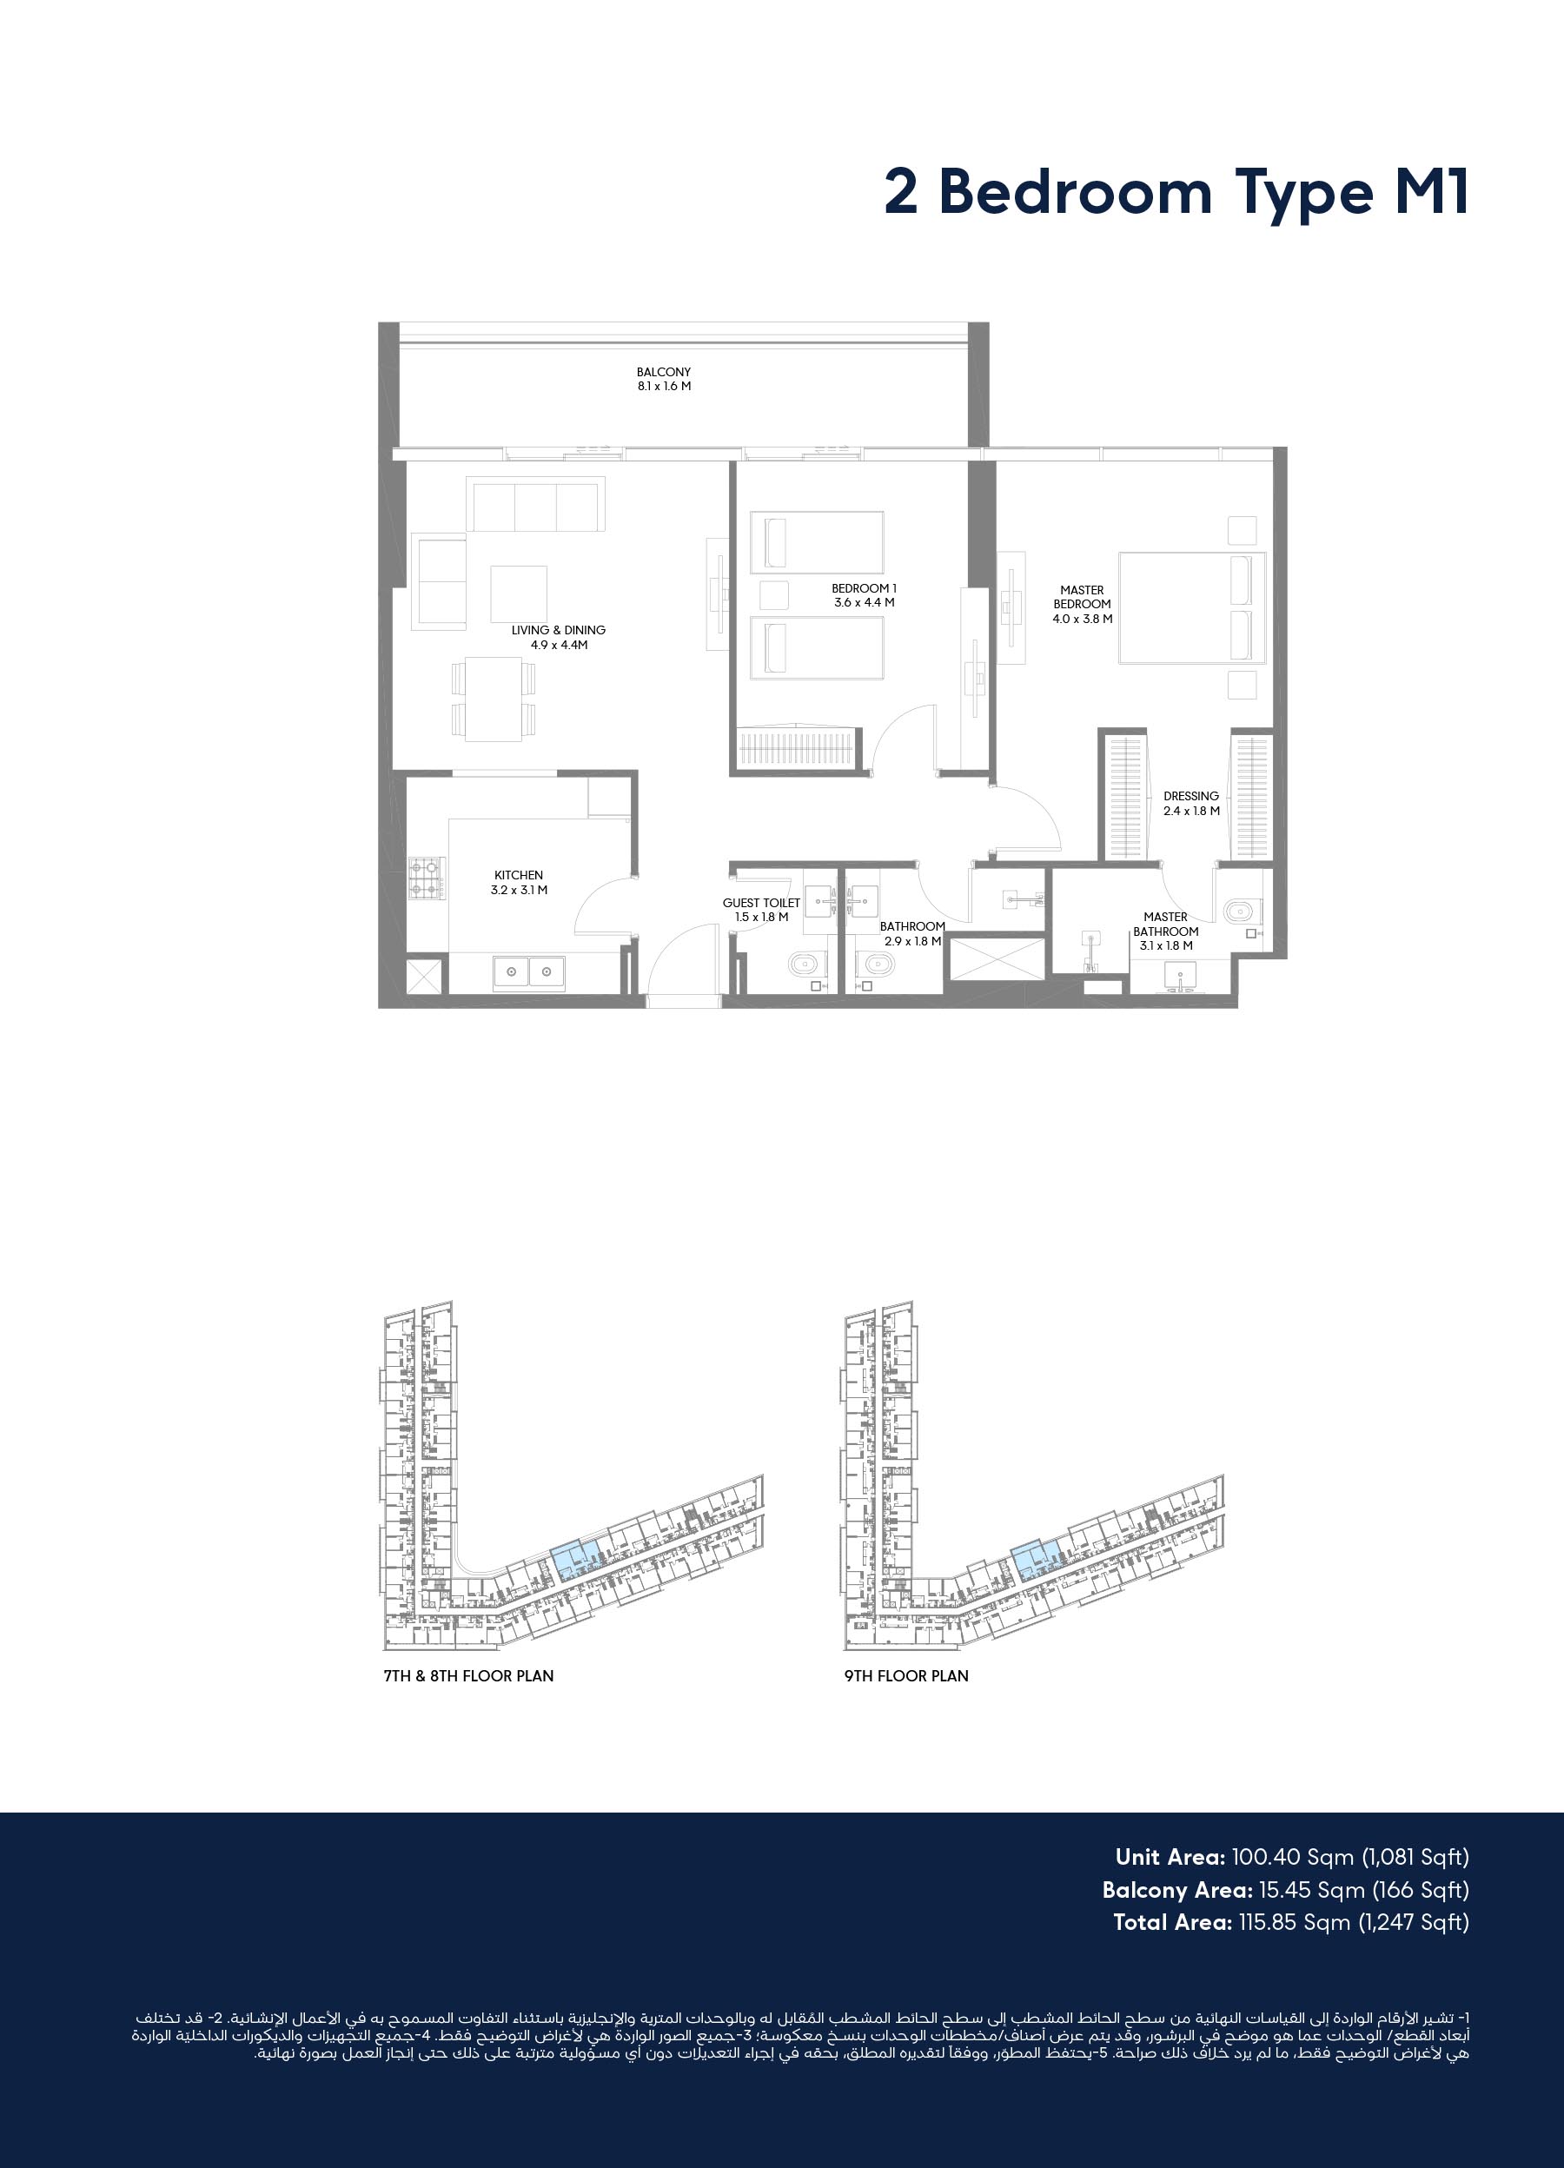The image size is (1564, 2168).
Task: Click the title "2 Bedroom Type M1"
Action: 1176,193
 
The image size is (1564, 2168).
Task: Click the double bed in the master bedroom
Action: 1192,607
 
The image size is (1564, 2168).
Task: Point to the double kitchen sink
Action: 528,973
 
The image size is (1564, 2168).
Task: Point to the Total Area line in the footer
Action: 1290,1922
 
